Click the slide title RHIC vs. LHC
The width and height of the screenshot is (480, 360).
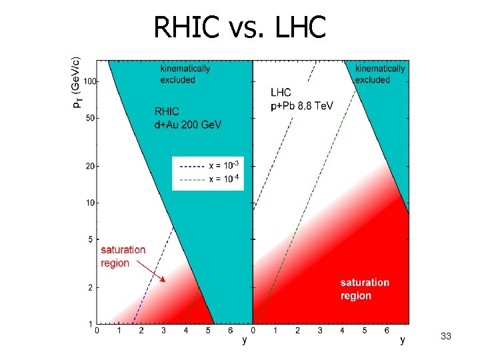[x=239, y=27]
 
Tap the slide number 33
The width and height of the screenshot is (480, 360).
[x=446, y=337]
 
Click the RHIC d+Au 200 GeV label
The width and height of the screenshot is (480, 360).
[x=188, y=118]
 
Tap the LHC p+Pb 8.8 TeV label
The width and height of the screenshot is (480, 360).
[x=301, y=99]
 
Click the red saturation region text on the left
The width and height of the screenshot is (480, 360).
[x=123, y=256]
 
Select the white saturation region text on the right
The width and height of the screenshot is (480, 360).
[x=365, y=289]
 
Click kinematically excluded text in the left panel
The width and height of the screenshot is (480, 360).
[x=185, y=74]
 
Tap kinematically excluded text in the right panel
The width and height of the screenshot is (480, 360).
[x=379, y=74]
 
